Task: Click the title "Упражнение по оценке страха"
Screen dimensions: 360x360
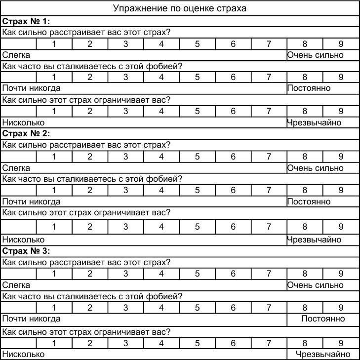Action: click(x=180, y=8)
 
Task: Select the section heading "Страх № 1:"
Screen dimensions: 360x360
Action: click(x=27, y=21)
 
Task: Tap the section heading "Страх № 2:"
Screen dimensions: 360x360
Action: click(x=27, y=133)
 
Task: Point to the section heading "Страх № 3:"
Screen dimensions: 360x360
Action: click(x=27, y=251)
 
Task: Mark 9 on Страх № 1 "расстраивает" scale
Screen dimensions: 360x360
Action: click(x=341, y=43)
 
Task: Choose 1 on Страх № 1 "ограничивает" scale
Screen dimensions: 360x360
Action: click(x=54, y=111)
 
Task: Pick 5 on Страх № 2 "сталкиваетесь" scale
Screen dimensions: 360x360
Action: click(x=197, y=190)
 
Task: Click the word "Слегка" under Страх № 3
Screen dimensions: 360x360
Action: click(x=16, y=285)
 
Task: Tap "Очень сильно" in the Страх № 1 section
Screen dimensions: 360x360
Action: click(x=315, y=55)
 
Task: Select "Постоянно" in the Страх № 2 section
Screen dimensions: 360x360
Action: click(x=309, y=201)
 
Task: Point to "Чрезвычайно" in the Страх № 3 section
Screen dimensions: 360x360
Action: click(x=323, y=354)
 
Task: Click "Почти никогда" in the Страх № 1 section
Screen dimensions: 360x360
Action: click(x=32, y=88)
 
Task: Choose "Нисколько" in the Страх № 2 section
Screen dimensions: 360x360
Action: click(x=23, y=240)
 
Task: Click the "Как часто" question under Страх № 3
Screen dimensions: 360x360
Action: click(x=92, y=296)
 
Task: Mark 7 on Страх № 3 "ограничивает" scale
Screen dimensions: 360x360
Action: click(x=269, y=343)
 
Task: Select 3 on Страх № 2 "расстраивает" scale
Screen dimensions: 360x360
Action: click(x=125, y=157)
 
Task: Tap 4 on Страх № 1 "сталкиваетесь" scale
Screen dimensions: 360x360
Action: click(x=161, y=77)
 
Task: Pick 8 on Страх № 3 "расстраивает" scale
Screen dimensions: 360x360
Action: click(x=305, y=274)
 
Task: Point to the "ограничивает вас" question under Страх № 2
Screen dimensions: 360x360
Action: click(x=86, y=212)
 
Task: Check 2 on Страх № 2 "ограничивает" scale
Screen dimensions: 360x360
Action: click(x=90, y=227)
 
